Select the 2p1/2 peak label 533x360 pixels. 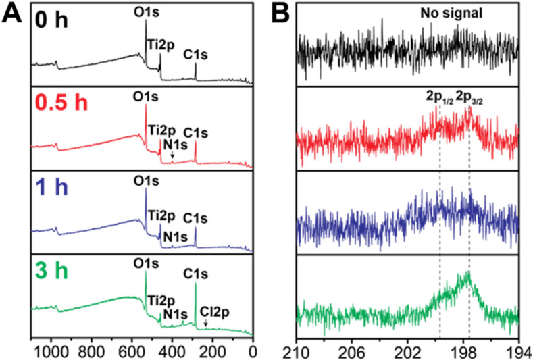439,99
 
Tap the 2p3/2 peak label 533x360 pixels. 471,99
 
